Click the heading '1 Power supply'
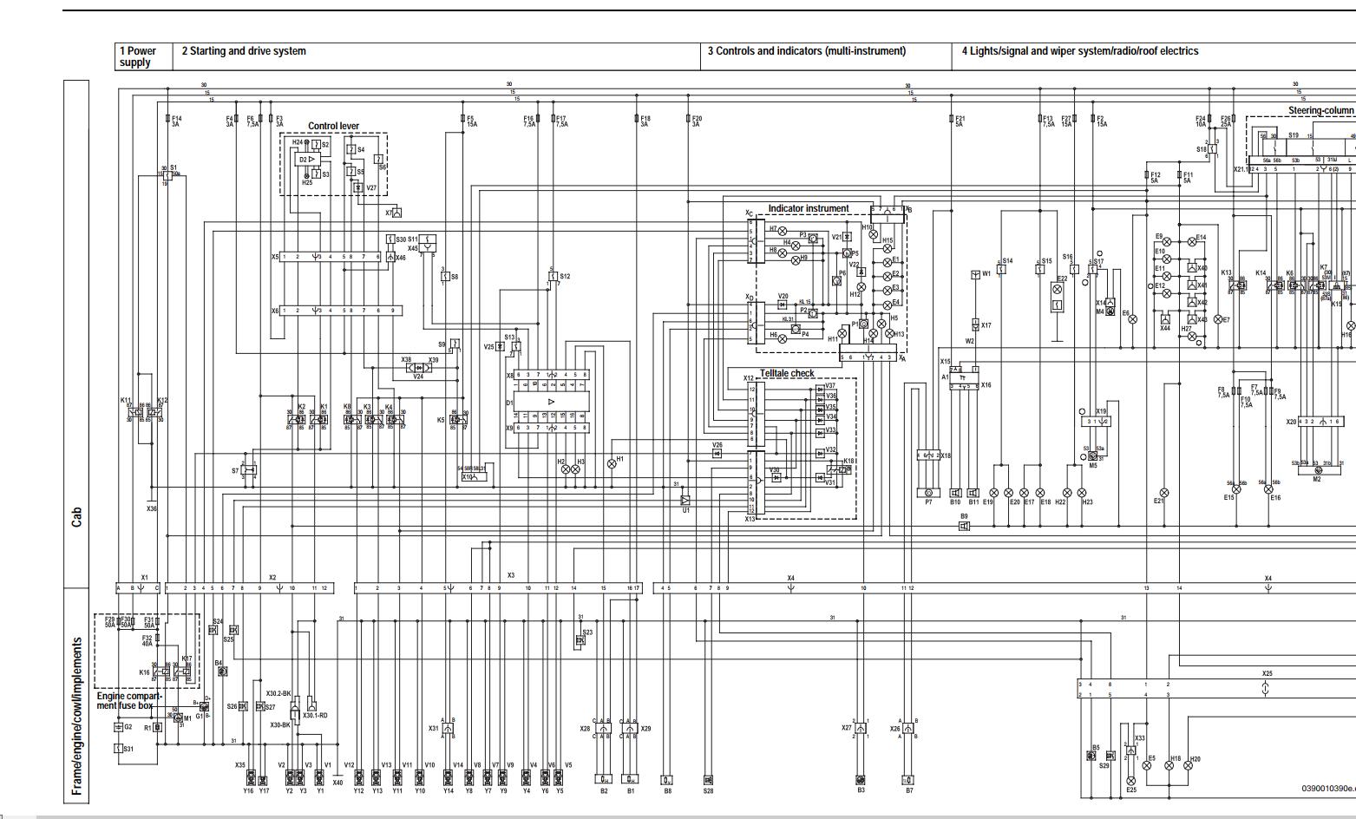[x=138, y=56]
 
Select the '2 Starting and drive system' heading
[x=244, y=51]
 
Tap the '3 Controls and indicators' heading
[x=806, y=51]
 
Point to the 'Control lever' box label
[x=333, y=127]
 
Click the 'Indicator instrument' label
[x=808, y=209]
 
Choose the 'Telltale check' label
[x=787, y=374]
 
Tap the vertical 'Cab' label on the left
[x=77, y=517]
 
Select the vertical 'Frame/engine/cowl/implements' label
[x=77, y=716]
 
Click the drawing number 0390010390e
[x=1327, y=789]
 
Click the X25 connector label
[x=1267, y=673]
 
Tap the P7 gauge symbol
[x=927, y=493]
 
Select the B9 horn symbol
[x=963, y=526]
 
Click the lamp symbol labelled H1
[x=612, y=464]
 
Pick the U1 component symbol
[x=685, y=501]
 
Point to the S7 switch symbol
[x=250, y=470]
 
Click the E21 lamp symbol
[x=1164, y=493]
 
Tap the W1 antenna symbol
[x=975, y=275]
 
